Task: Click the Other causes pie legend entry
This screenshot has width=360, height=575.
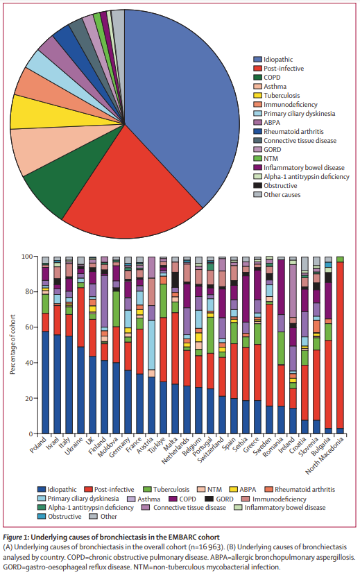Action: click(283, 194)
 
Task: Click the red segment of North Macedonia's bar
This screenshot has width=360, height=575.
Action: click(340, 347)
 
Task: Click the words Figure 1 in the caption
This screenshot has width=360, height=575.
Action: click(21, 535)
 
